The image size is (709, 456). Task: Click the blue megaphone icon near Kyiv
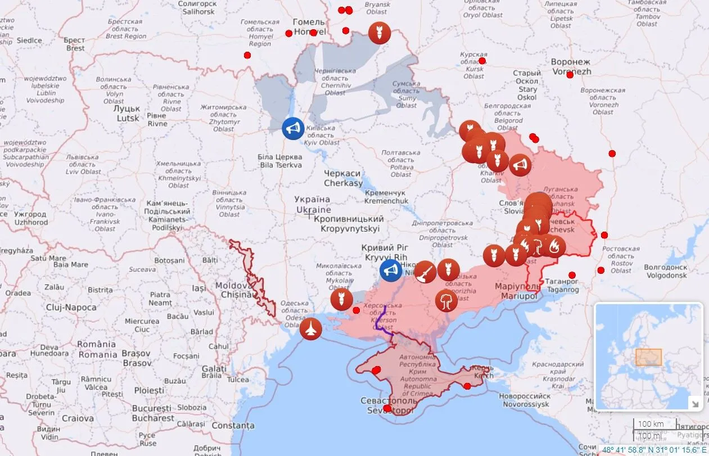point(293,128)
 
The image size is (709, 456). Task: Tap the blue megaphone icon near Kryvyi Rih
point(390,270)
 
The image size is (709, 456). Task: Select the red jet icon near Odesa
point(310,328)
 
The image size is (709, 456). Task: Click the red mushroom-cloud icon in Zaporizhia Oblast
point(446,301)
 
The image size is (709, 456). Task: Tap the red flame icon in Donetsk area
point(554,246)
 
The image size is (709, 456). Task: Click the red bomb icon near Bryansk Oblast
point(380,33)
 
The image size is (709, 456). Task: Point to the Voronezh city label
point(570,66)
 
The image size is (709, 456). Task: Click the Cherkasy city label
point(343,178)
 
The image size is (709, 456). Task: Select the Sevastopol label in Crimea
point(388,405)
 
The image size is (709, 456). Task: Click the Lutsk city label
point(128,113)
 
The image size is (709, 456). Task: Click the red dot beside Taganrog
point(572,275)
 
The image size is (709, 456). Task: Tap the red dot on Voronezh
point(570,75)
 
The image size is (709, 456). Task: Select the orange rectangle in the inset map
point(648,357)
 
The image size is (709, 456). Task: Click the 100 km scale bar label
point(651,424)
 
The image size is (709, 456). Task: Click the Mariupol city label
point(517,290)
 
